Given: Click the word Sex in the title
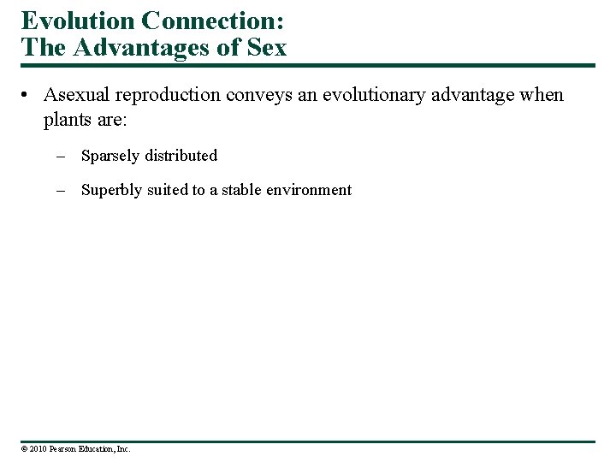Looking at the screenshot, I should click(267, 48).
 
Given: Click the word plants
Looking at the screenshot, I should click(67, 119).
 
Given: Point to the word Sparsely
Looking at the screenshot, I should click(110, 156).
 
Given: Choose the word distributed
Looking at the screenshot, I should click(181, 156).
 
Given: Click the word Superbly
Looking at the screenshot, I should click(110, 190).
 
